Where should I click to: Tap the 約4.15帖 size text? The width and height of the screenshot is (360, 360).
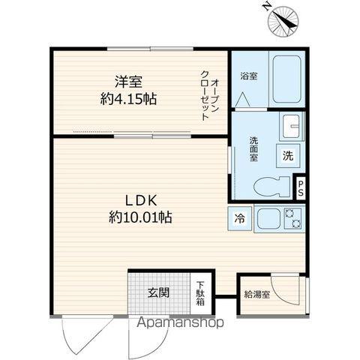128,98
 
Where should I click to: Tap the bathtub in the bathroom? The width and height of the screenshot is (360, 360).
286,78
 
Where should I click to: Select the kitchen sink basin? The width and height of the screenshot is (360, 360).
267,219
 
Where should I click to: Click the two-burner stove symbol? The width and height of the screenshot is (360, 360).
292,219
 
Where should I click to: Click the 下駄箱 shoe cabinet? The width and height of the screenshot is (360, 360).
200,292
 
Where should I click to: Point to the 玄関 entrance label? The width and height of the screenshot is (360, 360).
157,291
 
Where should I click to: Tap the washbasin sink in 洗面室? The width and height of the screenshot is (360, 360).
291,124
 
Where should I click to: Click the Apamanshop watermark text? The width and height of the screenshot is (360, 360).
178,324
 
